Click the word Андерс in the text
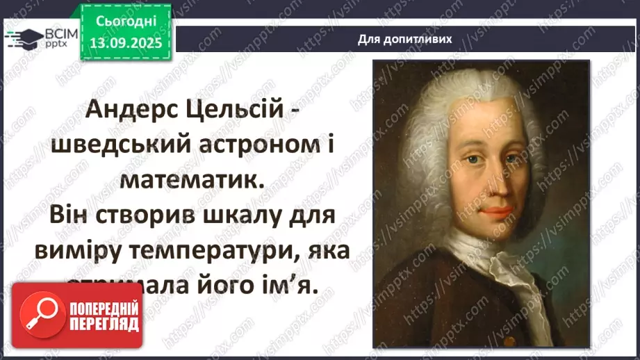(x=136, y=111)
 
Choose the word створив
(x=148, y=215)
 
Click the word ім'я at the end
(x=285, y=284)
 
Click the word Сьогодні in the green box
(x=124, y=21)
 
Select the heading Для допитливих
(x=404, y=39)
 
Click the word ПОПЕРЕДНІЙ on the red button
(x=104, y=307)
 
